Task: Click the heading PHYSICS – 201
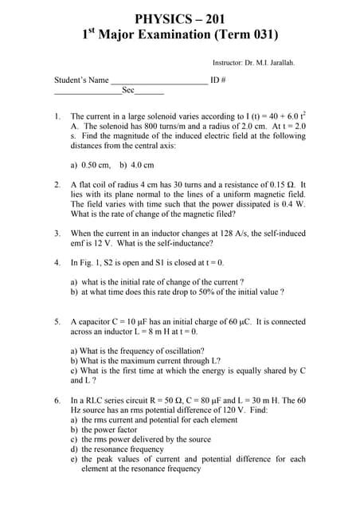[x=179, y=18]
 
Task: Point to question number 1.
[x=57, y=116]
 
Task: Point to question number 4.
[x=57, y=262]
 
